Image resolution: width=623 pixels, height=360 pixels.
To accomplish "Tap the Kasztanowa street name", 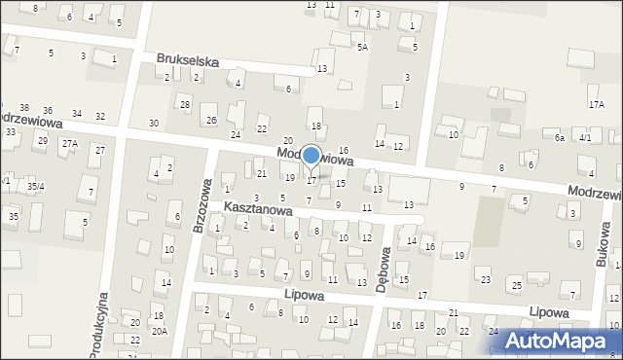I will point(258,208).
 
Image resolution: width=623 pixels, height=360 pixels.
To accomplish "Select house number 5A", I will point(362,47).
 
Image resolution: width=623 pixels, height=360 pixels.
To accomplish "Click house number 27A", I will point(69,143).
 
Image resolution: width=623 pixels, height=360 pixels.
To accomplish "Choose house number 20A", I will point(160,331).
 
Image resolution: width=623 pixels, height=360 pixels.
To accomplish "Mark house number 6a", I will point(560,138).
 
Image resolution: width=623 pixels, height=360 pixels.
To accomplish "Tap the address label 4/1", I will point(584,138).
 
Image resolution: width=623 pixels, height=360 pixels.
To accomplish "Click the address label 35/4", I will point(35,186).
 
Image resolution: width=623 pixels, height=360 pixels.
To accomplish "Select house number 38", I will point(23,108).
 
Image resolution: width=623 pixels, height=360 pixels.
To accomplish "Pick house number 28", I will point(183,104).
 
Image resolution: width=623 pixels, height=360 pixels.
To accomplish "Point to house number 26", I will point(211,121).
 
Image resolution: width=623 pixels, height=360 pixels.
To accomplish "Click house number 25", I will point(517,285).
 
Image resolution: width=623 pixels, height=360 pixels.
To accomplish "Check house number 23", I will point(485,280).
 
